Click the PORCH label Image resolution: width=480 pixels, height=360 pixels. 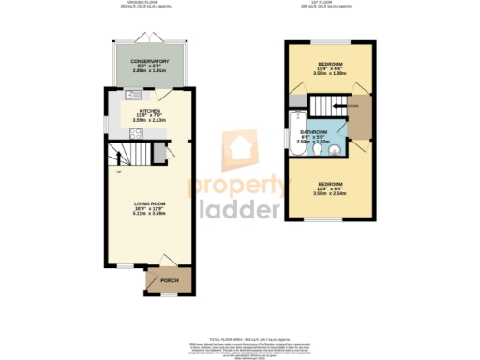coord(170,280)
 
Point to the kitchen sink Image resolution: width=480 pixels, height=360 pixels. coord(132,95)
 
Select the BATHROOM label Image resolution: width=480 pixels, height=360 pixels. coord(314,133)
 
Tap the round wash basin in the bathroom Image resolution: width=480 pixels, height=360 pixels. coord(344,145)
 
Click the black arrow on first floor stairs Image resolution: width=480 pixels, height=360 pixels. coord(354,106)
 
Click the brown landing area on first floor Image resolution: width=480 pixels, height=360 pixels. coord(362,117)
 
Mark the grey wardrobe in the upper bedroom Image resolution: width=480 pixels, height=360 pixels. coord(298,100)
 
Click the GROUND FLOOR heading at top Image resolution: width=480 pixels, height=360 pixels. coord(137,4)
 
